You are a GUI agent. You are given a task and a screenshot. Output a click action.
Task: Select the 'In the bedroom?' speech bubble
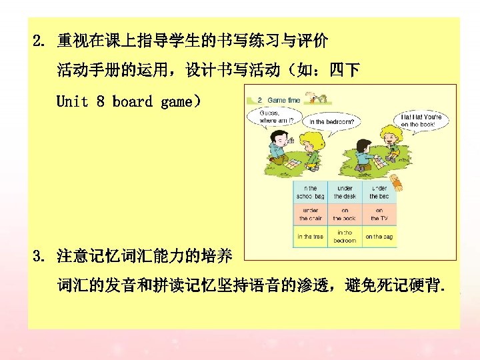(331, 122)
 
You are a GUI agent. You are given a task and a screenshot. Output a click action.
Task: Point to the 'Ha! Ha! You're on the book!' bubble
(421, 121)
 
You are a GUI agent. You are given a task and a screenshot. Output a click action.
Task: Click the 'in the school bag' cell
(311, 193)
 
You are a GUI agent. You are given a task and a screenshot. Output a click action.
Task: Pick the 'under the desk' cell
(345, 193)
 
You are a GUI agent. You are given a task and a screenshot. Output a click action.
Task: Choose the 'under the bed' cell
(379, 193)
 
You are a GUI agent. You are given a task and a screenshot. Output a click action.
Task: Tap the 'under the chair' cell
(311, 215)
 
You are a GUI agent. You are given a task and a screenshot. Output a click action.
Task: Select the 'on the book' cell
(345, 215)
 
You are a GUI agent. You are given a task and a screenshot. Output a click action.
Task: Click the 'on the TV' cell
(379, 215)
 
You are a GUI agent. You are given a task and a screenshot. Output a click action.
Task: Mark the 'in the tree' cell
(311, 237)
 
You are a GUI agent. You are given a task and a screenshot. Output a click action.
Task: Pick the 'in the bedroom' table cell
(345, 237)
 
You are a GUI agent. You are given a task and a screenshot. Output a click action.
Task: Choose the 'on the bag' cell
(379, 237)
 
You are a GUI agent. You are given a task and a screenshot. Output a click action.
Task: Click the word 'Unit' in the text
(72, 101)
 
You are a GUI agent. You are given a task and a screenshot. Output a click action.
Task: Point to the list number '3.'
(41, 255)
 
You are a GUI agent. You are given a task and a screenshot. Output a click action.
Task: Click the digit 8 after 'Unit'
(100, 101)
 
